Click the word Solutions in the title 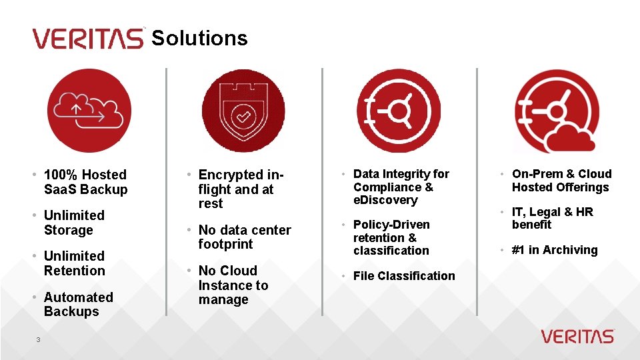[x=199, y=38]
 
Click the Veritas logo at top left [x=87, y=38]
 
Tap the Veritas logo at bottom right [x=577, y=336]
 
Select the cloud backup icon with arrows [x=89, y=111]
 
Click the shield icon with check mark [x=243, y=111]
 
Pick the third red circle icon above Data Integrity [x=399, y=111]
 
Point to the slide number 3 [x=39, y=340]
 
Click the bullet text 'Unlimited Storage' [x=73, y=223]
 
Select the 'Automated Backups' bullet [x=77, y=304]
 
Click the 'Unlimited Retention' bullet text [x=74, y=263]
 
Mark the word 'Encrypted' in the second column [x=231, y=175]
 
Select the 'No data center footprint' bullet [x=244, y=237]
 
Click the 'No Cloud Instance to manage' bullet [x=233, y=285]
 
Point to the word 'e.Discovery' [x=385, y=200]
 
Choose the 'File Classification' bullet [x=404, y=276]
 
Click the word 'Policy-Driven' [x=391, y=225]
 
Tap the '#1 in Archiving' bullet [x=555, y=250]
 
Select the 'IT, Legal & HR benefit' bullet [x=552, y=218]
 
